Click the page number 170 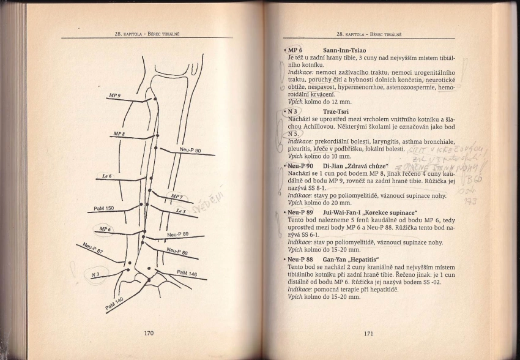(148, 334)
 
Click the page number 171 (369, 334)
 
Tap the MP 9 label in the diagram (114, 96)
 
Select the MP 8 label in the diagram (119, 133)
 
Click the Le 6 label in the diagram (106, 176)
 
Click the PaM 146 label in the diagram (187, 272)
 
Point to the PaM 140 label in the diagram (114, 302)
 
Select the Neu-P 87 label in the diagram (91, 248)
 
